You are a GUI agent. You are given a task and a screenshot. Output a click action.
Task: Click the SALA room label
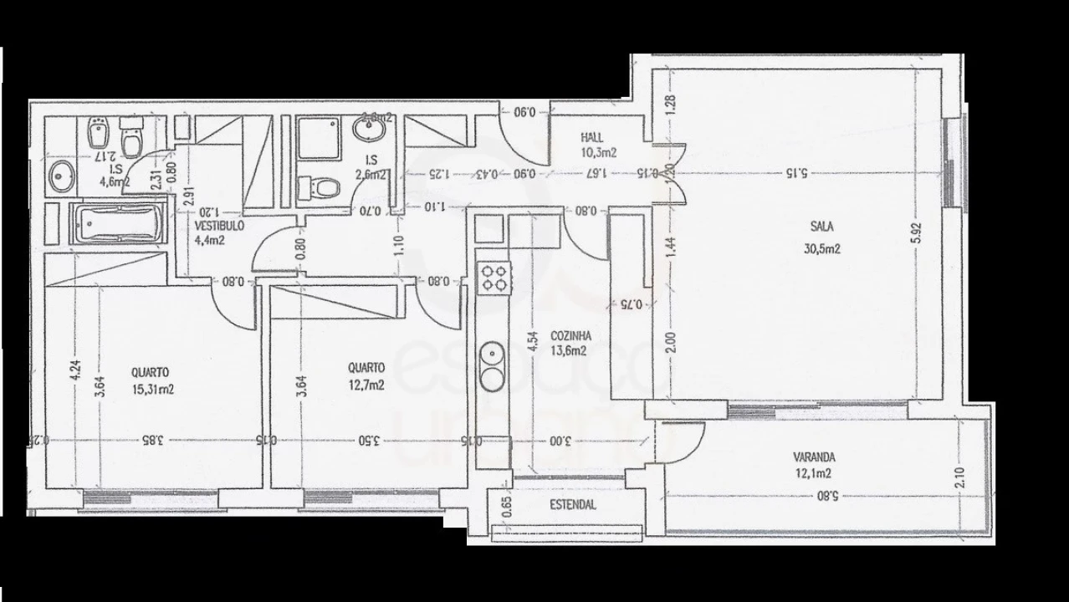pyautogui.click(x=822, y=226)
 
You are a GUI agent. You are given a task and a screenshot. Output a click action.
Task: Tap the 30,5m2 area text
pyautogui.click(x=822, y=248)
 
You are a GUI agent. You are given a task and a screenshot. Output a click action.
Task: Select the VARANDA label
pyautogui.click(x=814, y=457)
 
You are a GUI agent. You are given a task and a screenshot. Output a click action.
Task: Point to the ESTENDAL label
pyautogui.click(x=573, y=505)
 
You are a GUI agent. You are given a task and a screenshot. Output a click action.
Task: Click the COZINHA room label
pyautogui.click(x=568, y=336)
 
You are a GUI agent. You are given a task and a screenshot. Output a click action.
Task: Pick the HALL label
pyautogui.click(x=593, y=138)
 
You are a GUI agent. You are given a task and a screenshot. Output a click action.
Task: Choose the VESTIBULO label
pyautogui.click(x=219, y=226)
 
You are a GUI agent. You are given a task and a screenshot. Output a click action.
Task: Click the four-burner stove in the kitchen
pyautogui.click(x=494, y=277)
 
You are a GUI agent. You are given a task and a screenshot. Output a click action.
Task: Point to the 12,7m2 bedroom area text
pyautogui.click(x=366, y=385)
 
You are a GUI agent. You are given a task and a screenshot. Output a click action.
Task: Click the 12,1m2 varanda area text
pyautogui.click(x=814, y=473)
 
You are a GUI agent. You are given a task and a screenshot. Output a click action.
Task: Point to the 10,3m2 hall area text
pyautogui.click(x=598, y=153)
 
